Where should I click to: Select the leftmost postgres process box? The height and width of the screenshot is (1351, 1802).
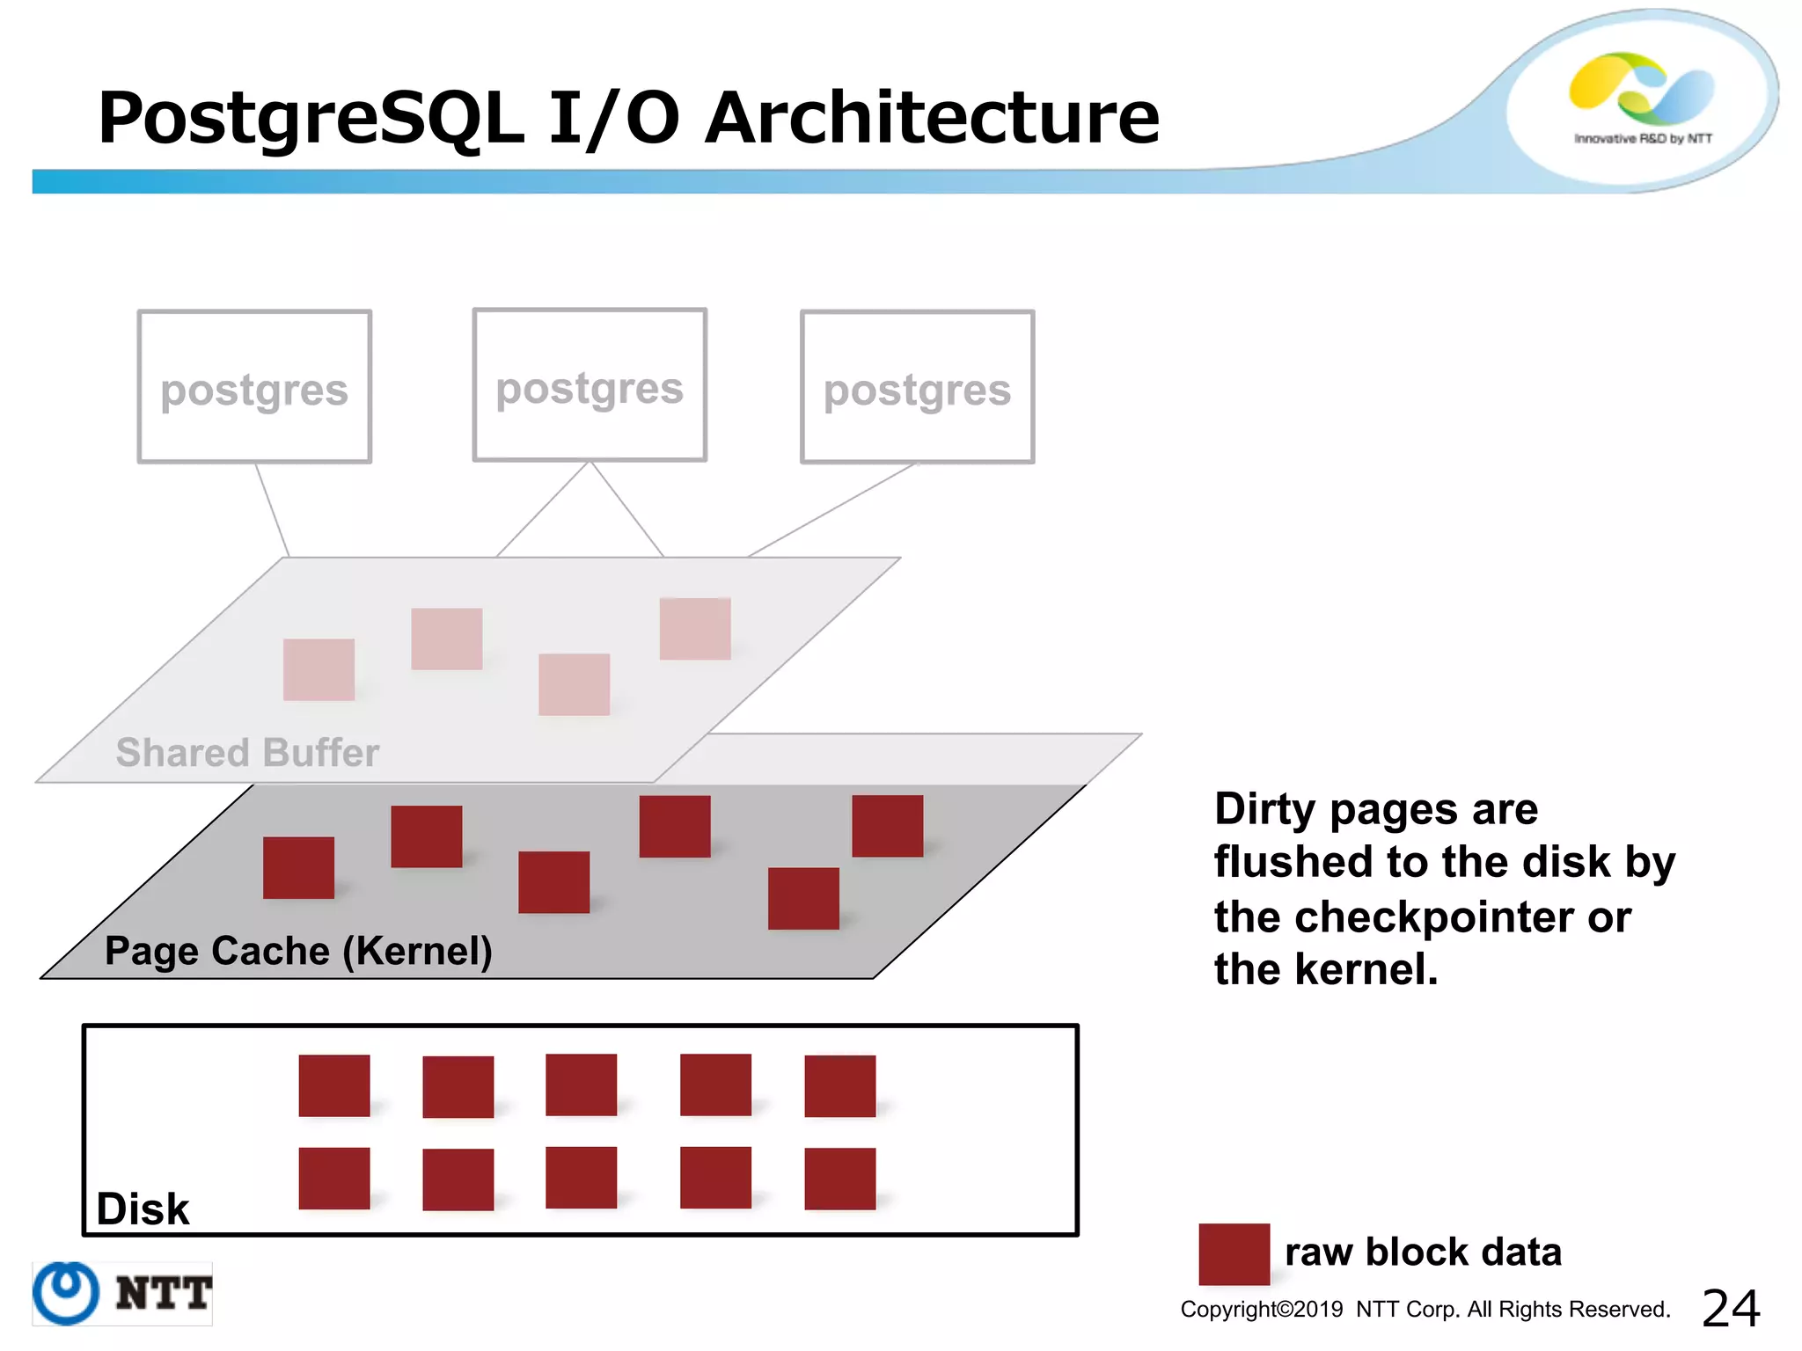[254, 386]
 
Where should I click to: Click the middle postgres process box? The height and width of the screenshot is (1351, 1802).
[590, 384]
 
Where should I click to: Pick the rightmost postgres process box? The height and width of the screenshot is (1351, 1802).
[917, 386]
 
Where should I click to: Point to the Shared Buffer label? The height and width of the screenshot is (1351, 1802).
[247, 753]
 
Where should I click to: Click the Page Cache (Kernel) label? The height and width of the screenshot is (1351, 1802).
[298, 951]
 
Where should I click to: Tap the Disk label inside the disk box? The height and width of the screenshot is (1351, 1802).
[143, 1209]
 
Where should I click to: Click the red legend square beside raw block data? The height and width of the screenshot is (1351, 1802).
[1234, 1253]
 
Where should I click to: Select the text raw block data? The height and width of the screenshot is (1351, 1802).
[1423, 1252]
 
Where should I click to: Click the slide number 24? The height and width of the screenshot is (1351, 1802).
[1730, 1308]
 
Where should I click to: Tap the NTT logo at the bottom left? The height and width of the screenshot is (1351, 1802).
[122, 1293]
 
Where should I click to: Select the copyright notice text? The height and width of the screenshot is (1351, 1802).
[1425, 1309]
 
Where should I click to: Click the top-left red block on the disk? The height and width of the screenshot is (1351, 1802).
[334, 1085]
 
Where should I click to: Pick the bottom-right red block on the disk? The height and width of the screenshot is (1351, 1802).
[839, 1179]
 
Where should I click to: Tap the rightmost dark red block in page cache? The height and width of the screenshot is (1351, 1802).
[887, 825]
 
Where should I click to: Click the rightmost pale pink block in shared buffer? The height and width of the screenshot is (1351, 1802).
[695, 628]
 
